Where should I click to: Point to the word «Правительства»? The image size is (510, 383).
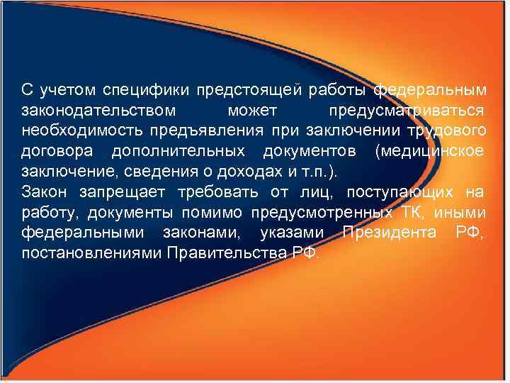click(227, 252)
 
